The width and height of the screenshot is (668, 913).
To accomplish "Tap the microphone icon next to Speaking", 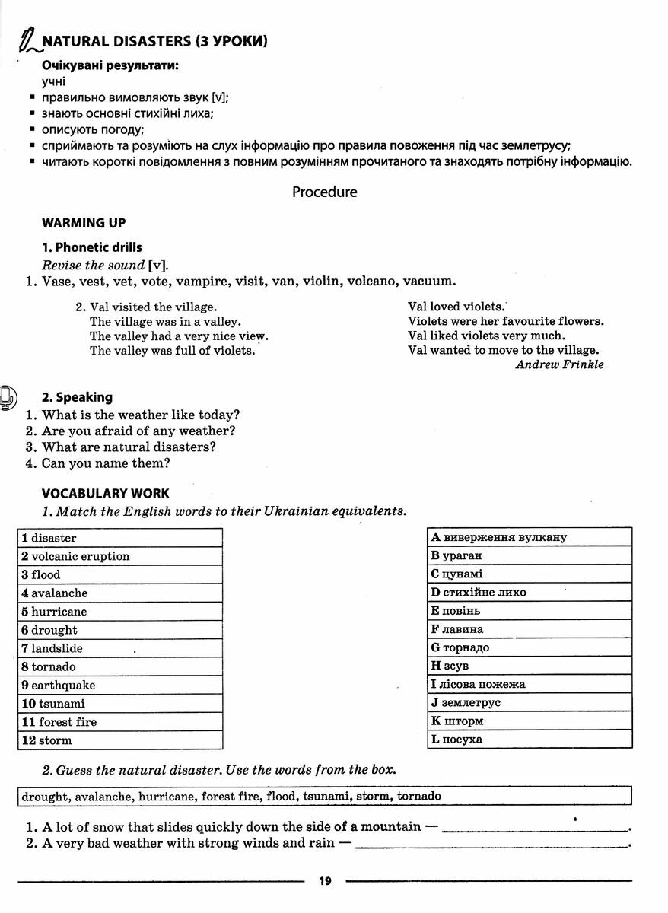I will click(x=8, y=397).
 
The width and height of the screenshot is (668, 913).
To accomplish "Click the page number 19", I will click(x=325, y=881).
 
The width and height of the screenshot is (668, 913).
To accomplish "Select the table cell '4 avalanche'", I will click(x=120, y=593).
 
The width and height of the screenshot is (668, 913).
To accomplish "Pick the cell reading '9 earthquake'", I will click(x=120, y=686).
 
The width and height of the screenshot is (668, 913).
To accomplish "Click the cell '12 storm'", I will click(x=120, y=740).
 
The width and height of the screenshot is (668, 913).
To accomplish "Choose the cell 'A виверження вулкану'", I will click(x=530, y=537).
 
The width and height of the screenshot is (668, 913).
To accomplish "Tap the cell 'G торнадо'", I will click(x=530, y=647).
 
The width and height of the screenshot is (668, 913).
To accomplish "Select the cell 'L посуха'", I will click(x=530, y=740).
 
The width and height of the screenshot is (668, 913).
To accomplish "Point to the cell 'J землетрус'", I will click(x=530, y=703).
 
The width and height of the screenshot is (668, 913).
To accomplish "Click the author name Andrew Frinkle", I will click(x=559, y=364).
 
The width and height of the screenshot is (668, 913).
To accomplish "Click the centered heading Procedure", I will click(x=325, y=192).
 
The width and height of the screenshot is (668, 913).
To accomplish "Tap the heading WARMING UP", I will click(x=84, y=223).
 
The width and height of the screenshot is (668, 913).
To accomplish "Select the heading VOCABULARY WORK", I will click(x=106, y=494).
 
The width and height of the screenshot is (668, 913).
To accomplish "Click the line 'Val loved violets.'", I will click(x=456, y=307).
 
